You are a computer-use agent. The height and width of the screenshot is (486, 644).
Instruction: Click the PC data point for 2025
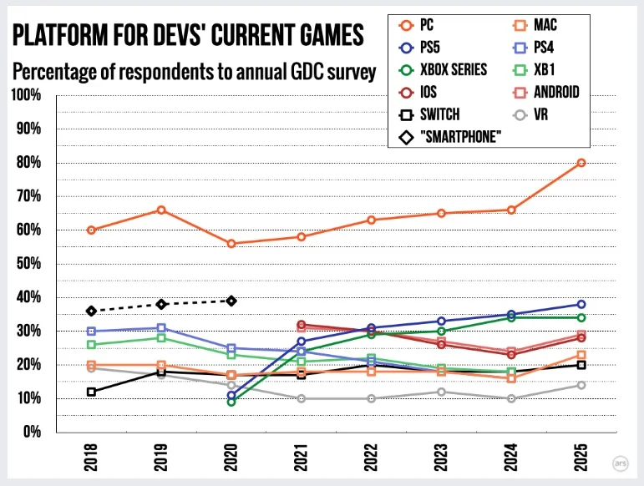click(581, 163)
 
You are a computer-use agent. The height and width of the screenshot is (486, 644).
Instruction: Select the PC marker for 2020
click(231, 244)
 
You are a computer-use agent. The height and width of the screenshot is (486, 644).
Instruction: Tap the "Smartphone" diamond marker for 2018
click(91, 311)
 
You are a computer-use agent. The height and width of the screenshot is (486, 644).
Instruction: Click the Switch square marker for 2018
click(91, 392)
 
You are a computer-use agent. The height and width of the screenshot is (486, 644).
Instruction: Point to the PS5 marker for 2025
click(581, 304)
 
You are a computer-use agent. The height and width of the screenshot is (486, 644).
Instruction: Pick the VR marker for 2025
click(581, 385)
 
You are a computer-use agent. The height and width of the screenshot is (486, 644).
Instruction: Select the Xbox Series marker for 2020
click(231, 402)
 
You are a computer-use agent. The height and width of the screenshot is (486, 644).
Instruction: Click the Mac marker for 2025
click(581, 355)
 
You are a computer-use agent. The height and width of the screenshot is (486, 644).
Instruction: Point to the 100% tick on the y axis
click(28, 95)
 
